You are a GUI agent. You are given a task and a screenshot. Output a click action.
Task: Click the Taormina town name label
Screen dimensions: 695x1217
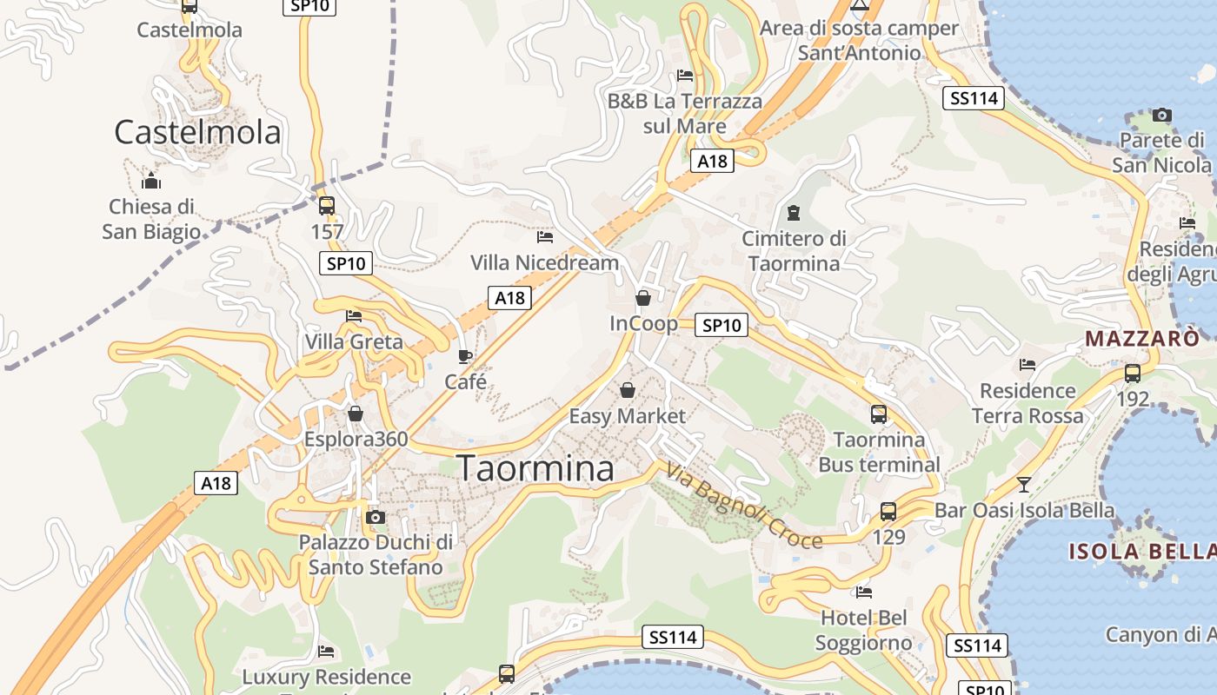(x=535, y=468)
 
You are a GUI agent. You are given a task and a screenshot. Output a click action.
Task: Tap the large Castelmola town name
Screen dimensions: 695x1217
(x=198, y=132)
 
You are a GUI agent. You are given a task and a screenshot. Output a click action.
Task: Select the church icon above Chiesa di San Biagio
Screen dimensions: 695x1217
(x=151, y=181)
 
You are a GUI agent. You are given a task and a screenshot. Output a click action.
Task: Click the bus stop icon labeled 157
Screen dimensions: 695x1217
(x=327, y=206)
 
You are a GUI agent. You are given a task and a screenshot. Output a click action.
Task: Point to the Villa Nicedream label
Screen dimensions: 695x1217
(x=545, y=262)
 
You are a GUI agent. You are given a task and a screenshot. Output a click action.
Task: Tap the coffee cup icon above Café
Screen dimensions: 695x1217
(x=465, y=356)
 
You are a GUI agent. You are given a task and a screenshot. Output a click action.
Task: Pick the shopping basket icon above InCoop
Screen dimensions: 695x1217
(x=643, y=298)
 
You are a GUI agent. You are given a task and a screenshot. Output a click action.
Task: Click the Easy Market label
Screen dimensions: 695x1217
(x=627, y=416)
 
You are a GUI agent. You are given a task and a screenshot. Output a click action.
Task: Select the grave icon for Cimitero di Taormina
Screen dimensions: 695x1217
(x=793, y=212)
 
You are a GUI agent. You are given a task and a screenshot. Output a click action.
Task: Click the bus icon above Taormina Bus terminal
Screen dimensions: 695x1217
(x=879, y=414)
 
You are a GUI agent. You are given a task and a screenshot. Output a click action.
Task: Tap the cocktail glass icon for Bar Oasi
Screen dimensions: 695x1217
(x=1024, y=484)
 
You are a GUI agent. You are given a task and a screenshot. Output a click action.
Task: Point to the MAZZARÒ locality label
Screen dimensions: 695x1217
(x=1142, y=339)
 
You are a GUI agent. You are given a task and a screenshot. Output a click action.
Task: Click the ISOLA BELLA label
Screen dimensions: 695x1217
(x=1141, y=551)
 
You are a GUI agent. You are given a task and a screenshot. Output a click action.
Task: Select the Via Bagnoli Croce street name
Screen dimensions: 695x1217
(x=744, y=506)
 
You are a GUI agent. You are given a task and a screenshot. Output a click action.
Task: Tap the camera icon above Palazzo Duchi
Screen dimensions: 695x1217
(x=376, y=517)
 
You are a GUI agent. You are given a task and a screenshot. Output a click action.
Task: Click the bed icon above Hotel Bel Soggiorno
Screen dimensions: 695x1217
(x=864, y=592)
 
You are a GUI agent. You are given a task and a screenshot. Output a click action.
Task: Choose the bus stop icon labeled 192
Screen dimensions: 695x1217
(x=1133, y=374)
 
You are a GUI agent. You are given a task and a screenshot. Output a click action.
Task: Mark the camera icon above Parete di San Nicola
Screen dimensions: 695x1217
(x=1161, y=115)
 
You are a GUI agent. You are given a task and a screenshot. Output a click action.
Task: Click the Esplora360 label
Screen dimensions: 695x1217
(x=356, y=439)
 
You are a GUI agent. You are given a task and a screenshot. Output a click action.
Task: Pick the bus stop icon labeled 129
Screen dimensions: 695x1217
(x=888, y=512)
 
